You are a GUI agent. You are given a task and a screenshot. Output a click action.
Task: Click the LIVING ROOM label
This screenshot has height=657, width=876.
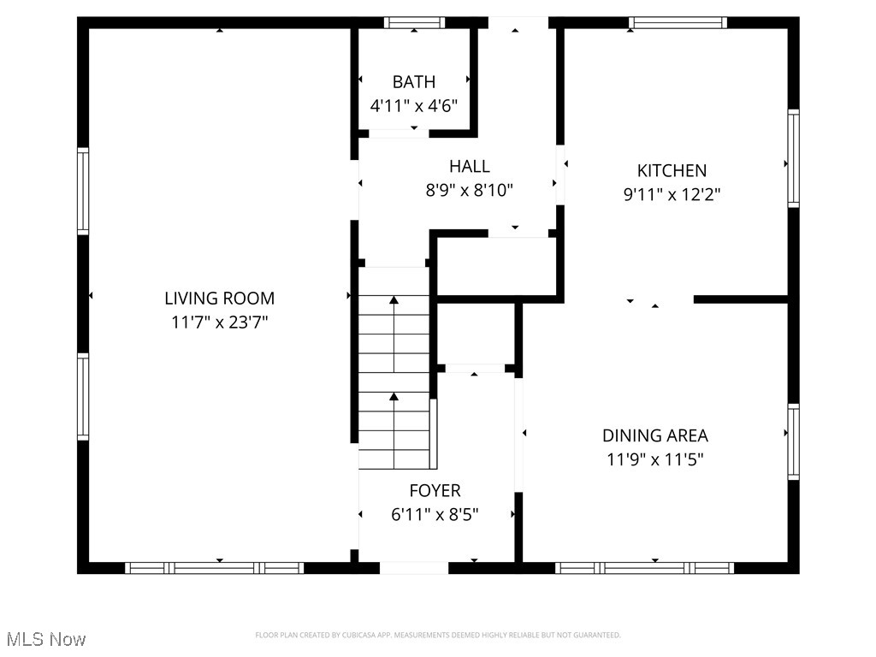[219, 299]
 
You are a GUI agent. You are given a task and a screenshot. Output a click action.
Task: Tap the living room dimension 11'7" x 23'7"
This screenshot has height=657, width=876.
[219, 323]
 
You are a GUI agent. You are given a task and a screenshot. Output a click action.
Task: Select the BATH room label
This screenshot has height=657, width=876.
[414, 82]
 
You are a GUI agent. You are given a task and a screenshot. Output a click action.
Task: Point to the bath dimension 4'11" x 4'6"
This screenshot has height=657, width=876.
[414, 106]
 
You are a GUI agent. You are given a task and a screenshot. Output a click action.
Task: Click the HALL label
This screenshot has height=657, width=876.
[470, 166]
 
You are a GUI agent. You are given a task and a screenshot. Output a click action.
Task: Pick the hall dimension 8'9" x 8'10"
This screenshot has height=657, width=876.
[470, 190]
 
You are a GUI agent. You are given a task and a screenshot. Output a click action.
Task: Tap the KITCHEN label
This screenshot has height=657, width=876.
[672, 170]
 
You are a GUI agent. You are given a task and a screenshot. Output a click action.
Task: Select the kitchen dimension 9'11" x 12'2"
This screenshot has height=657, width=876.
[672, 194]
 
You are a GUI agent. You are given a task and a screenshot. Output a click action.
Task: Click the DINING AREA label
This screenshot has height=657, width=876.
[655, 435]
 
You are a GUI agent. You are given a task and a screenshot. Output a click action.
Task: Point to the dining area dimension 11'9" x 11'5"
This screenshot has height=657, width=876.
[655, 459]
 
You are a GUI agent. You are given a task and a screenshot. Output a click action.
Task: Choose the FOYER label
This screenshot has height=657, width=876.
[435, 490]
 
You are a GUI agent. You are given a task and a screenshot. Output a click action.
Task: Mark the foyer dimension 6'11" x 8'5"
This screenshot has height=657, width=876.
[435, 514]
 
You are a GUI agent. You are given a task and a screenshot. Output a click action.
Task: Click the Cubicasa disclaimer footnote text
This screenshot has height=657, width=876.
[438, 635]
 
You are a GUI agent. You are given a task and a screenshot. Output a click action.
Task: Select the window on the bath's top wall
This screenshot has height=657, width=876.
[414, 23]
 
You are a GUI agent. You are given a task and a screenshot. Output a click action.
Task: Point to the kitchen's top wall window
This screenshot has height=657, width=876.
[678, 23]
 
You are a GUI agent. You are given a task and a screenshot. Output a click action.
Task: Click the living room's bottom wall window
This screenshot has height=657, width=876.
[214, 567]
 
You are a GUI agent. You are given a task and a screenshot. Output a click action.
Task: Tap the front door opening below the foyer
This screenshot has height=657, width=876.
[414, 567]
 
